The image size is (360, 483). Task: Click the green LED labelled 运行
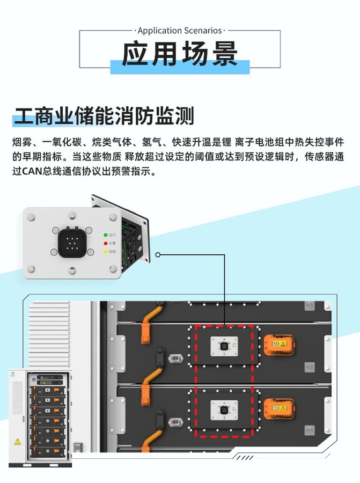click(105, 235)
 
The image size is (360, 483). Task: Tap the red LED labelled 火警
click(105, 243)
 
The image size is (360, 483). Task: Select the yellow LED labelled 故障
click(105, 251)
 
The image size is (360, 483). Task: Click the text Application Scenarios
click(180, 31)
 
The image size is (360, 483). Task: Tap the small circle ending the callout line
click(158, 254)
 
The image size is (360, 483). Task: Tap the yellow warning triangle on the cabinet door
click(18, 442)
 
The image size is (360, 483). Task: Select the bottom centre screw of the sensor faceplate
click(71, 272)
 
